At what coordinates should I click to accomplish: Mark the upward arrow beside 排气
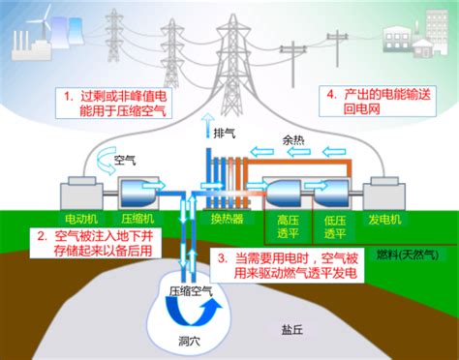pyautogui.click(x=206, y=124)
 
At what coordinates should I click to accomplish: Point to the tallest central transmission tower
pyautogui.click(x=232, y=58)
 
